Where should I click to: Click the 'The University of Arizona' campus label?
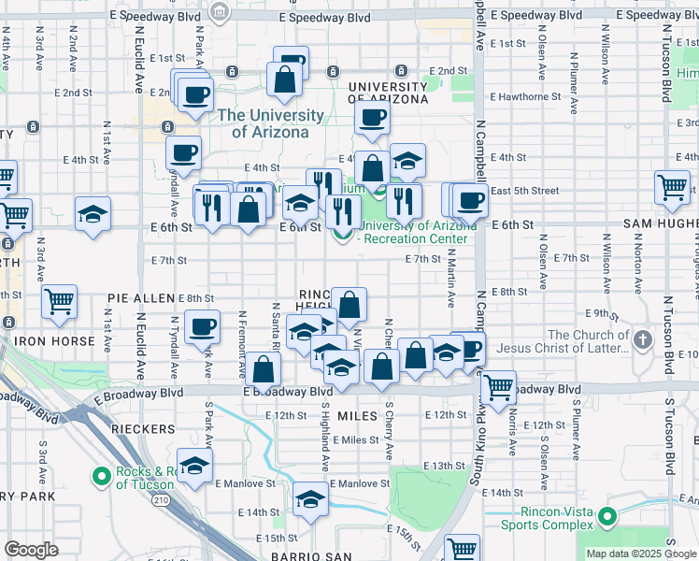coord(270,123)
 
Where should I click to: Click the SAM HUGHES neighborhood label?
coord(661,225)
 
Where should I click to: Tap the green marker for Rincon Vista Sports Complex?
coord(607,516)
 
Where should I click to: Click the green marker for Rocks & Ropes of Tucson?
coord(101,477)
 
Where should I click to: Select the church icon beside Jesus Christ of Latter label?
coord(643,338)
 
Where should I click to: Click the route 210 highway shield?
coord(162,501)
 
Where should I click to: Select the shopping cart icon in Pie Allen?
coord(60,301)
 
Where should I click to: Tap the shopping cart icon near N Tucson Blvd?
coord(672,187)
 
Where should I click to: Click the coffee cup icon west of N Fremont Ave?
coord(201,327)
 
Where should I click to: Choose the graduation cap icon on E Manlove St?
coord(310,501)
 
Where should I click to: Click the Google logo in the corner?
coord(32,550)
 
